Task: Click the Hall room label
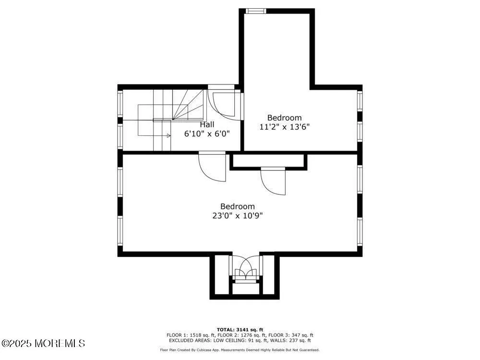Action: [x=207, y=124]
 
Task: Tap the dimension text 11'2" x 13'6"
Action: [x=285, y=127]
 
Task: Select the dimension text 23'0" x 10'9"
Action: [x=238, y=216]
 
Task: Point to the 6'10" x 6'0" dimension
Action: [x=207, y=134]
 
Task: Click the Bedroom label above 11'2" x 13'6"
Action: [x=285, y=118]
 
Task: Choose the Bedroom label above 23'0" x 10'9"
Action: [x=238, y=206]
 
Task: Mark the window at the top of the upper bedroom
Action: [x=255, y=11]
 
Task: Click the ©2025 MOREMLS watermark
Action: [x=43, y=343]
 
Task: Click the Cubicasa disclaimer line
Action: [x=240, y=350]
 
